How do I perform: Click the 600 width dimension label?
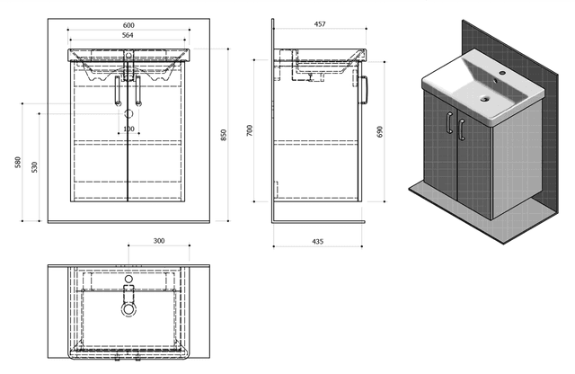coord(128,25)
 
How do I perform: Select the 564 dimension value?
coord(128,35)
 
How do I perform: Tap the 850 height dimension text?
coord(224,135)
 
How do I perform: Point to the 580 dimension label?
coord(18,162)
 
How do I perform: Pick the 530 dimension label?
coord(34,167)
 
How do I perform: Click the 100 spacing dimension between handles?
coord(128,129)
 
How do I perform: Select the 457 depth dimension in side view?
coord(320,24)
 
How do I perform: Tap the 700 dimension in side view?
coord(250,130)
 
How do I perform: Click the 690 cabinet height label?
coord(379,132)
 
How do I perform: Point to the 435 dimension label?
coord(317,242)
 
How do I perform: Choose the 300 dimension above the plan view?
coord(159,241)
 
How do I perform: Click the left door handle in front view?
coord(118,91)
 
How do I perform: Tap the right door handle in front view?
coord(138,91)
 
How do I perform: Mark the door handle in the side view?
coord(365,90)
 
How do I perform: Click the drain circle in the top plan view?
coord(128,309)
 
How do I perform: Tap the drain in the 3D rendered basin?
coord(485,98)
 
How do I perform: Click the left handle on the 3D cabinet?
coord(449,122)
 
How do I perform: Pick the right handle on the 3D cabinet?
coord(462,129)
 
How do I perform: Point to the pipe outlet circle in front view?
coord(128,114)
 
